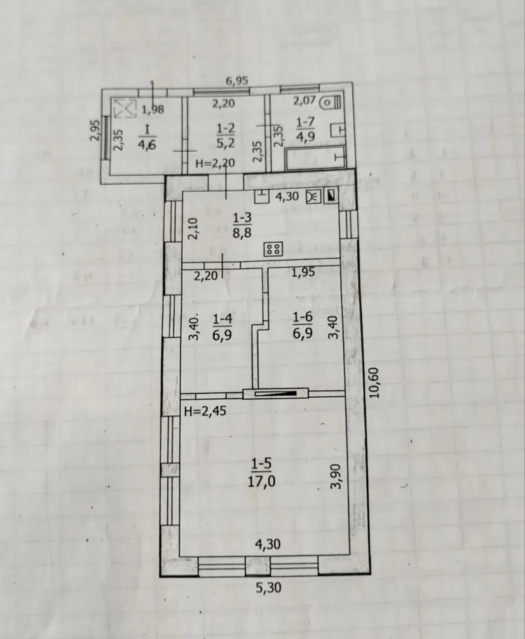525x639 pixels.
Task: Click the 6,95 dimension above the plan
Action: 237,81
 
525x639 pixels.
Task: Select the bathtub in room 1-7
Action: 315,158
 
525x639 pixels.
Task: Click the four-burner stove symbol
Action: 273,249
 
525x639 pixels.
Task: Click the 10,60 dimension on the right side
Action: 374,383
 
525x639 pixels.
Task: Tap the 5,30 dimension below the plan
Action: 268,588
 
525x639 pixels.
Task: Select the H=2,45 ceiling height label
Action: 205,411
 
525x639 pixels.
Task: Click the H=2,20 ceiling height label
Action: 215,164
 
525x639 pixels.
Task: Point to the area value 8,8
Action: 242,233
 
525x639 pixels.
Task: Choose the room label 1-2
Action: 226,128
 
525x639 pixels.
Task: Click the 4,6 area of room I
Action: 147,145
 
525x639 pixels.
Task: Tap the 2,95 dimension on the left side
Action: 95,131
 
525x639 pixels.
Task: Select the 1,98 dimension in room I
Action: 153,109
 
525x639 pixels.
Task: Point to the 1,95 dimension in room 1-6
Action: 303,273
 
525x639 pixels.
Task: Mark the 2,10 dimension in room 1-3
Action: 193,229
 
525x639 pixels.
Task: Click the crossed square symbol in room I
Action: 125,108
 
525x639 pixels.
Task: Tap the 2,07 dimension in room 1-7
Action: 304,100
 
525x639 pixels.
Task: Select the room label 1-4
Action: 223,319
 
